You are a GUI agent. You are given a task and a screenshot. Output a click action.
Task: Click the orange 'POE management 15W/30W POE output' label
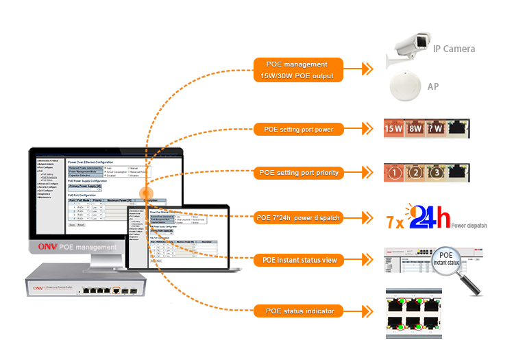pyautogui.click(x=299, y=70)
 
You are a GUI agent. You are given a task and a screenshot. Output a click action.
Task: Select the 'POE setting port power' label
pyautogui.click(x=299, y=128)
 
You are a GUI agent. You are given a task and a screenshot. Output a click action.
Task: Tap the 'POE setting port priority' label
pyautogui.click(x=299, y=173)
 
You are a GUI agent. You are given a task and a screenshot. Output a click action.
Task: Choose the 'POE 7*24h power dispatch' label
pyautogui.click(x=299, y=218)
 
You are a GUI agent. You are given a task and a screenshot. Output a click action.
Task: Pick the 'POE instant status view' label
pyautogui.click(x=299, y=261)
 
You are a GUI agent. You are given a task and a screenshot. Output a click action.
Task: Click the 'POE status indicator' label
pyautogui.click(x=299, y=311)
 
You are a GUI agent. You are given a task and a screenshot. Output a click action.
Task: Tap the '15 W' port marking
pyautogui.click(x=394, y=128)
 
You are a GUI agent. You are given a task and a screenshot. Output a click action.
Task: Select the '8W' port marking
pyautogui.click(x=417, y=128)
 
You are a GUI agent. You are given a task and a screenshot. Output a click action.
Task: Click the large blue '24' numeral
pyautogui.click(x=422, y=217)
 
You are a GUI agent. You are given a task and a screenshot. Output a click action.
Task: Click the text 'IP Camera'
pyautogui.click(x=454, y=49)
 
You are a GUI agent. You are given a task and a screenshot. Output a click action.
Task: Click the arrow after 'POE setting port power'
pyautogui.click(x=369, y=128)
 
